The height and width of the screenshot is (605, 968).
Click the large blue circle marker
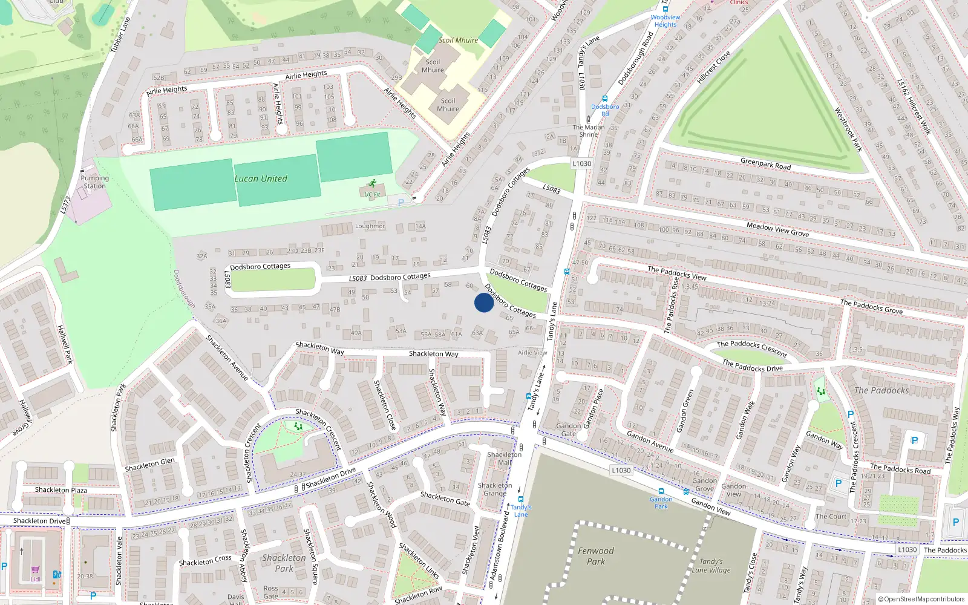pos(483,302)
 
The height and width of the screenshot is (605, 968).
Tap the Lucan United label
pos(261,178)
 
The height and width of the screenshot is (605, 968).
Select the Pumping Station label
pos(94,182)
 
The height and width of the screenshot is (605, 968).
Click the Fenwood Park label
pos(595,556)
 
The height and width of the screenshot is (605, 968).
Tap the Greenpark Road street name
pos(765,164)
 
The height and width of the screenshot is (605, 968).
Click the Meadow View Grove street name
pos(777,229)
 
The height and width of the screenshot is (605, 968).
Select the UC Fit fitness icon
pos(371,183)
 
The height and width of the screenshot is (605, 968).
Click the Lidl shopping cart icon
pos(36,570)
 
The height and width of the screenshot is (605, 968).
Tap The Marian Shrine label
pos(589,131)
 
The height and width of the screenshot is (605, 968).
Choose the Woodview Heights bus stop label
pos(665,21)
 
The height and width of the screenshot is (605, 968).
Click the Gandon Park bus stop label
pos(661,503)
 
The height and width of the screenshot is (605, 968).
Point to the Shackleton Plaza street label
pos(60,490)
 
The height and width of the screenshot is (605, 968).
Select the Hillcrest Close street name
pos(714,67)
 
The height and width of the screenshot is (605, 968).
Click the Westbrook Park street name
pos(848,129)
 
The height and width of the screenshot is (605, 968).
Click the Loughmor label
pos(370,226)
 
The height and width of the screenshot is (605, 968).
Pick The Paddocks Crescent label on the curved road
pos(752,348)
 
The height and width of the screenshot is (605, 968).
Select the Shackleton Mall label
pos(504,458)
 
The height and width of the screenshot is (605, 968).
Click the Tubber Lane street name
pos(120,34)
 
